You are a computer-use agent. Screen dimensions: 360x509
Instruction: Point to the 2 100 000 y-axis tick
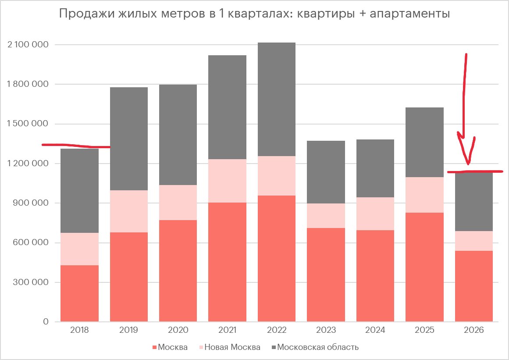coord(28,45)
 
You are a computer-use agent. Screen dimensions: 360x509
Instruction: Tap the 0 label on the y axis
coord(46,322)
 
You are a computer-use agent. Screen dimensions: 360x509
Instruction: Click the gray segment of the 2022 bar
coord(277,99)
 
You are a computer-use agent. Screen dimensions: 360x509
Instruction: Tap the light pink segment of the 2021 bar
coord(227,181)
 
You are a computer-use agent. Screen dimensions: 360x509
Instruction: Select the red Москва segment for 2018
coord(79,293)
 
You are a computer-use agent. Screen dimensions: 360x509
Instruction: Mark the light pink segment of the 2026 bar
coord(474,241)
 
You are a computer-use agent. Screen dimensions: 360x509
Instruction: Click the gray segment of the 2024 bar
coord(375,168)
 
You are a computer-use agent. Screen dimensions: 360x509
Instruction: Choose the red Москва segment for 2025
coord(424,267)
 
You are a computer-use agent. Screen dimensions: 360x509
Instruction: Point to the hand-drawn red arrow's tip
coord(469,163)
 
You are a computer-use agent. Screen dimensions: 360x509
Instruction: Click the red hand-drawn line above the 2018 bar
coord(75,145)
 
